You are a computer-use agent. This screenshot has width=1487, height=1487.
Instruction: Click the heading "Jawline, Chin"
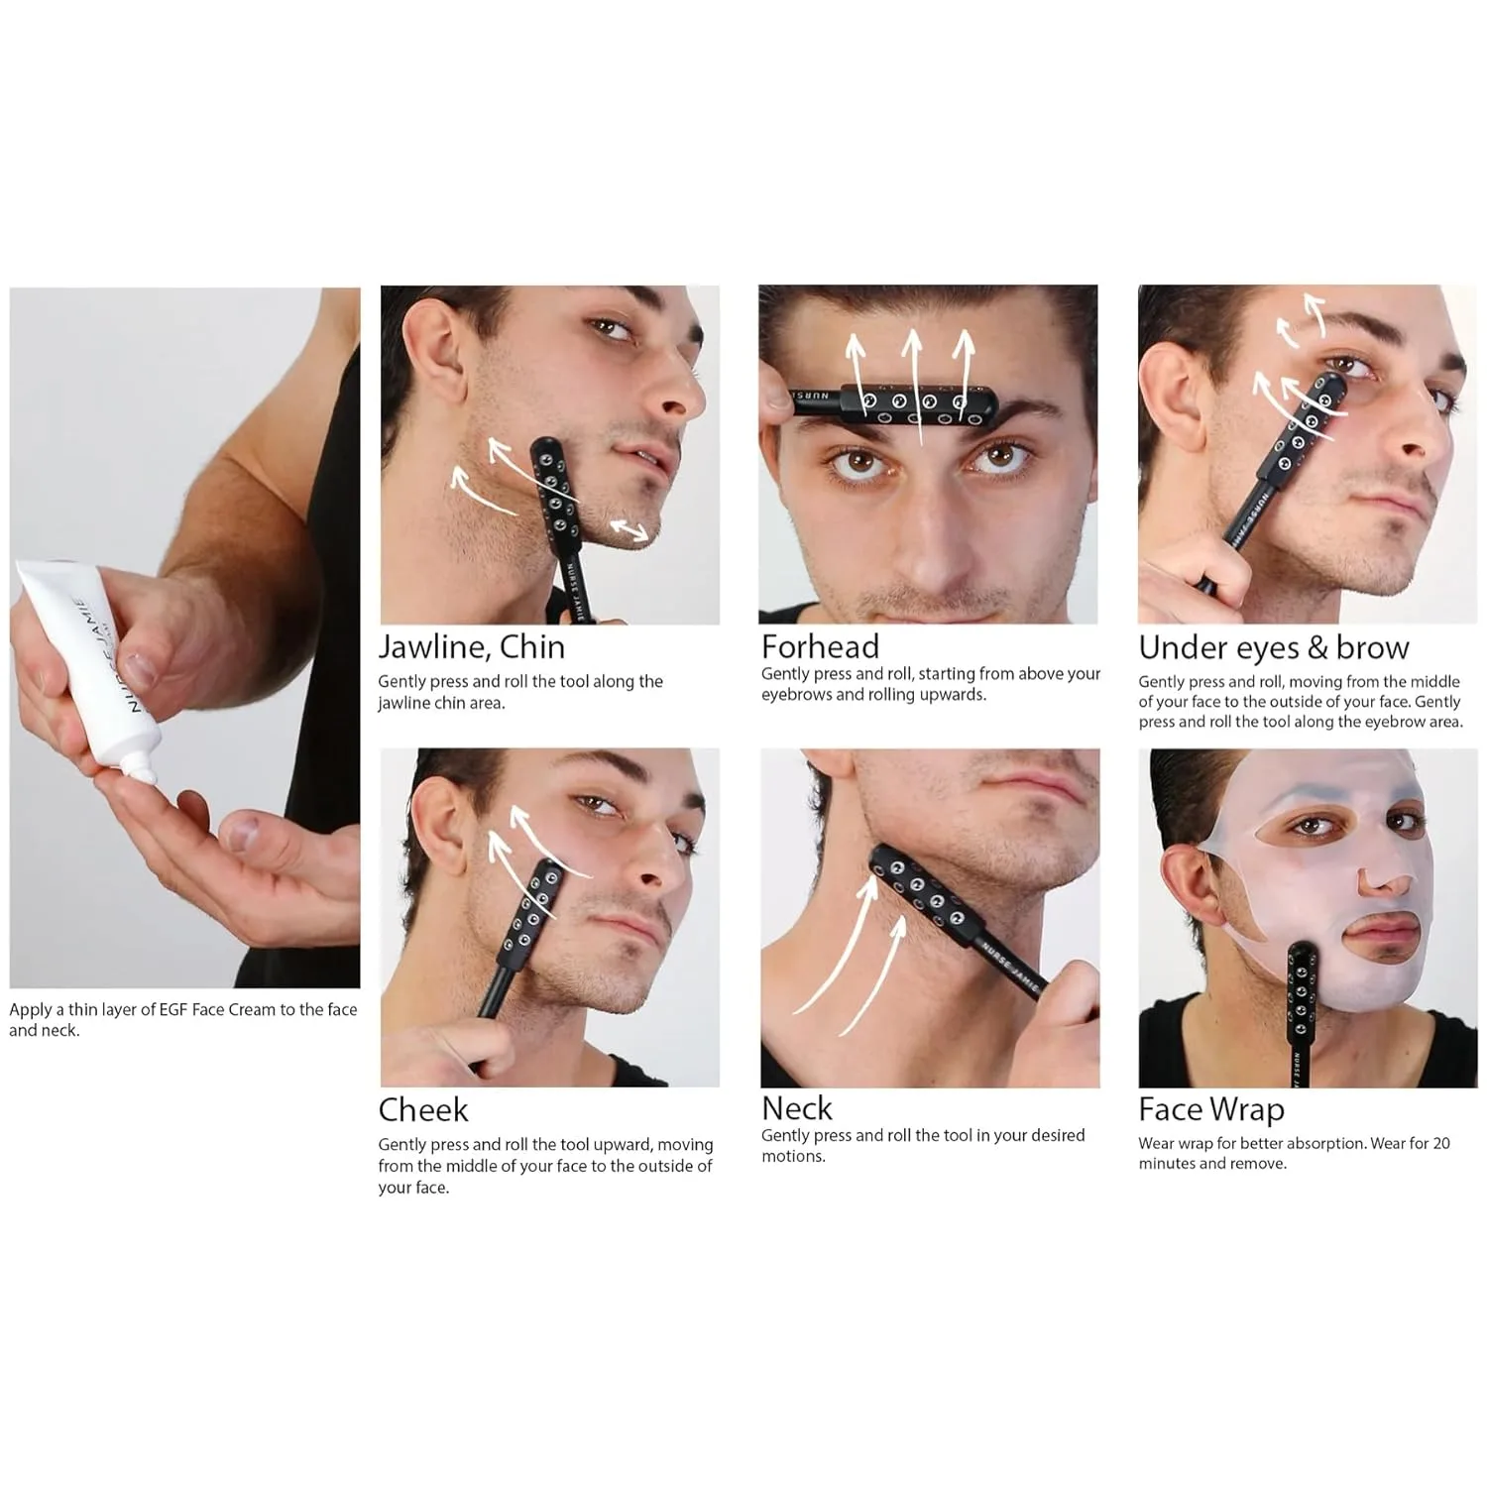coord(471,647)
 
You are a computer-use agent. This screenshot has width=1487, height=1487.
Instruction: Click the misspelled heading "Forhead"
coord(820,646)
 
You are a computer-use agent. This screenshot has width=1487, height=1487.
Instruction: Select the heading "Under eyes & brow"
coord(1273,648)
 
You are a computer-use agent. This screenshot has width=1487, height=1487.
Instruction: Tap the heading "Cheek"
coord(422,1109)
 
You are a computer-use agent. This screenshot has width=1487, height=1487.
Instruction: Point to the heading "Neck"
coord(797,1108)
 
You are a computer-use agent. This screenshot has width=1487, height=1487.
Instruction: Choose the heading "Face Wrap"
coord(1210,1109)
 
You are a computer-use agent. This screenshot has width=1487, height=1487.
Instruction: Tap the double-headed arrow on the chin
coord(629,529)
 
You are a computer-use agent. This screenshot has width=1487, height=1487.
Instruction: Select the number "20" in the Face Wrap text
coord(1440,1143)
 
